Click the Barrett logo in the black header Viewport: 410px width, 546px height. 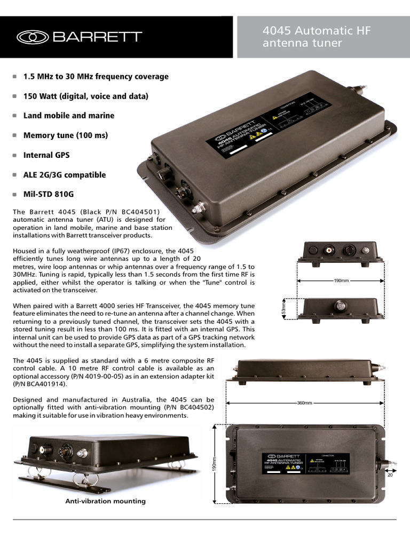coord(80,37)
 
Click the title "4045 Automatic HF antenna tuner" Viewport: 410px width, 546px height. coord(316,37)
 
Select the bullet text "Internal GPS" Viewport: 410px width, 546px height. coord(46,155)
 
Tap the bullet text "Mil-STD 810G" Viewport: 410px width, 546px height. coord(49,195)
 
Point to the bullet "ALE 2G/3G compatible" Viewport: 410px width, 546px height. coord(65,175)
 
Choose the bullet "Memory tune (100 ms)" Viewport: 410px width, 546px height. coord(66,135)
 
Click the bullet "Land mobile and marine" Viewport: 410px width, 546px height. coord(69,116)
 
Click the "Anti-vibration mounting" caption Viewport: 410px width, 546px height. coord(105,501)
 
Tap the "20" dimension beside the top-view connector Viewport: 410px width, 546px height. coord(390,475)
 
